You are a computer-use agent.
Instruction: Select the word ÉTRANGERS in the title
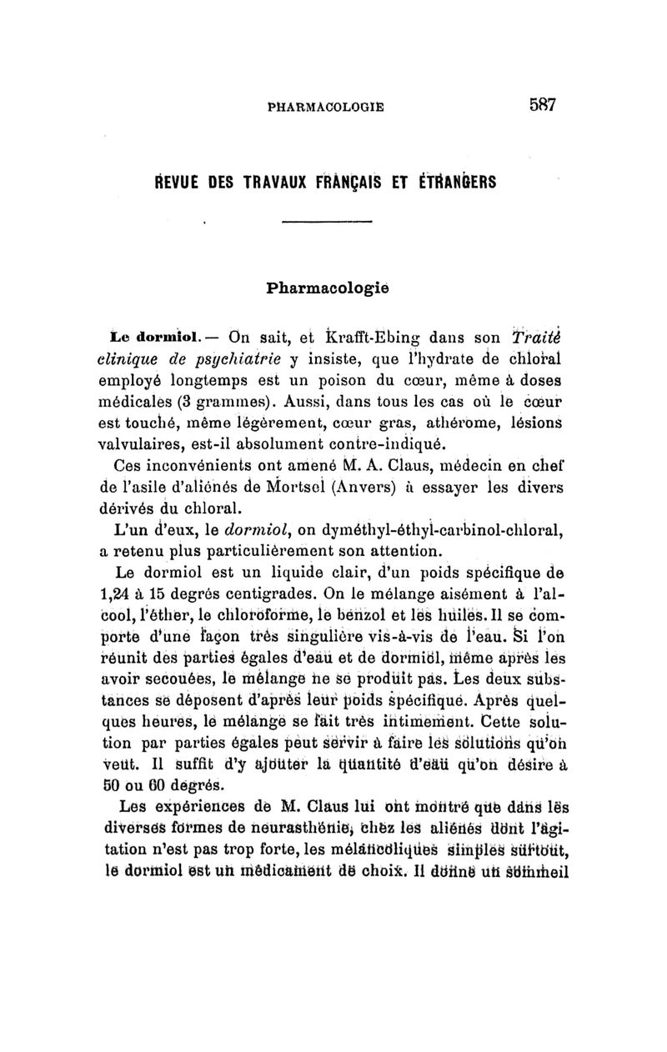click(454, 183)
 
